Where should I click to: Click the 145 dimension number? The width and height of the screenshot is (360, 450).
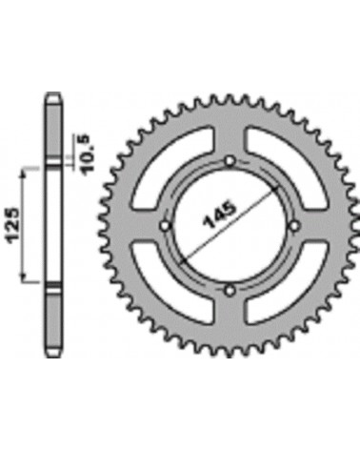point(221,215)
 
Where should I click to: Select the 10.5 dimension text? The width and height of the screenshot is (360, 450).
point(85,154)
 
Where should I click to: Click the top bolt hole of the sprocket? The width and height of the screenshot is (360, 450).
point(230,161)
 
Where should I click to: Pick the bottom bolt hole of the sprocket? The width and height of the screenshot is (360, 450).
point(230,291)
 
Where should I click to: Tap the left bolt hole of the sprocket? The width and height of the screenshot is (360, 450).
point(165,226)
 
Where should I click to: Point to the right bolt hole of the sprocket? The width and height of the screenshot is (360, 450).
point(294,226)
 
